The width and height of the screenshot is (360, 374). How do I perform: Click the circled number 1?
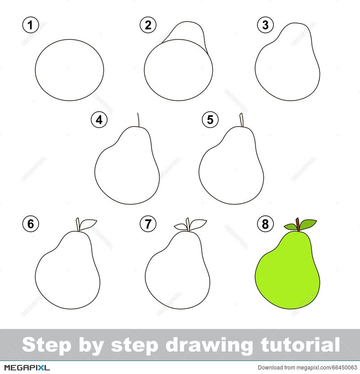coord(31,25)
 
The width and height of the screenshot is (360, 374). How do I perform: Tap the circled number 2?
coord(148,25)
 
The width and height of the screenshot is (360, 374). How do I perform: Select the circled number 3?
coord(265,25)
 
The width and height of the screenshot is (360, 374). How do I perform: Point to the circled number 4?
coord(99,119)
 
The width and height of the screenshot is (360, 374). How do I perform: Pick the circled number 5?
coord(210,119)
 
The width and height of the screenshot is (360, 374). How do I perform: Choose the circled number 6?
coord(31,224)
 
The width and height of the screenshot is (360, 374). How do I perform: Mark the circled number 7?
coord(148,224)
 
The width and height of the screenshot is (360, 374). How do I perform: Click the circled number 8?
coord(265,224)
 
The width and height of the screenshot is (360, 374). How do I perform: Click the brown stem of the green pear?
coord(297,224)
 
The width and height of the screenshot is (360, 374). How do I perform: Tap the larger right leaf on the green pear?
coord(307,224)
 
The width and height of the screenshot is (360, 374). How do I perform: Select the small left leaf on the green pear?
coord(290,227)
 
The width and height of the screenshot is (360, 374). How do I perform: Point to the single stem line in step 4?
coord(138,120)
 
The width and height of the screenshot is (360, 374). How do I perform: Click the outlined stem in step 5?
coord(242,120)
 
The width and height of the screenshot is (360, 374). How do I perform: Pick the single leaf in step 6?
coord(87,224)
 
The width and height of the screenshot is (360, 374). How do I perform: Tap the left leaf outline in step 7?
coord(180,227)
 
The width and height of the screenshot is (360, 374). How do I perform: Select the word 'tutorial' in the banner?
coord(300,345)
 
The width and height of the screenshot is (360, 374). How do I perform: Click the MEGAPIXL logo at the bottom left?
coord(27,367)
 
